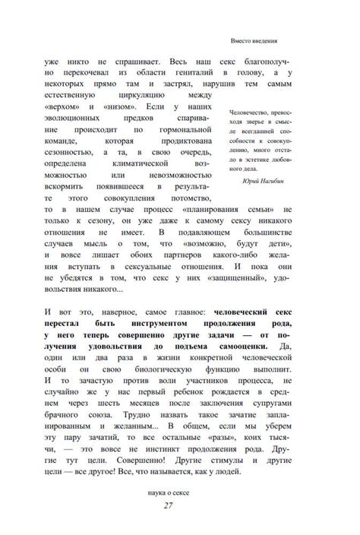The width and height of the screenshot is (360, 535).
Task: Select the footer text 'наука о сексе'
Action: click(x=179, y=492)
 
